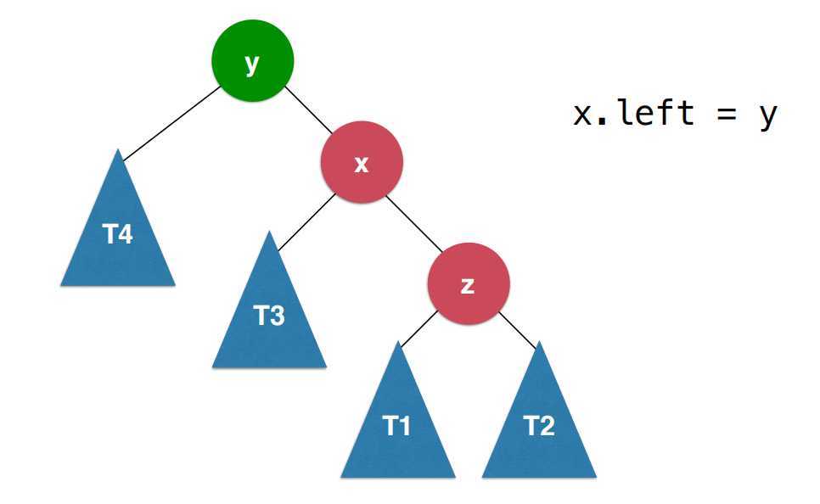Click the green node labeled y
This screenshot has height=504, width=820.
tap(252, 63)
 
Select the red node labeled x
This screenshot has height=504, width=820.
tap(362, 163)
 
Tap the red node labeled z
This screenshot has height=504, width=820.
tap(469, 285)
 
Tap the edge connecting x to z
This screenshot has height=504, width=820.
tap(415, 225)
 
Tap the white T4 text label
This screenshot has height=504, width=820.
tap(118, 235)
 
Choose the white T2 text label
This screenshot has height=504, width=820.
tap(539, 427)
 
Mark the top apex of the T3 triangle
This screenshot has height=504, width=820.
tap(269, 233)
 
